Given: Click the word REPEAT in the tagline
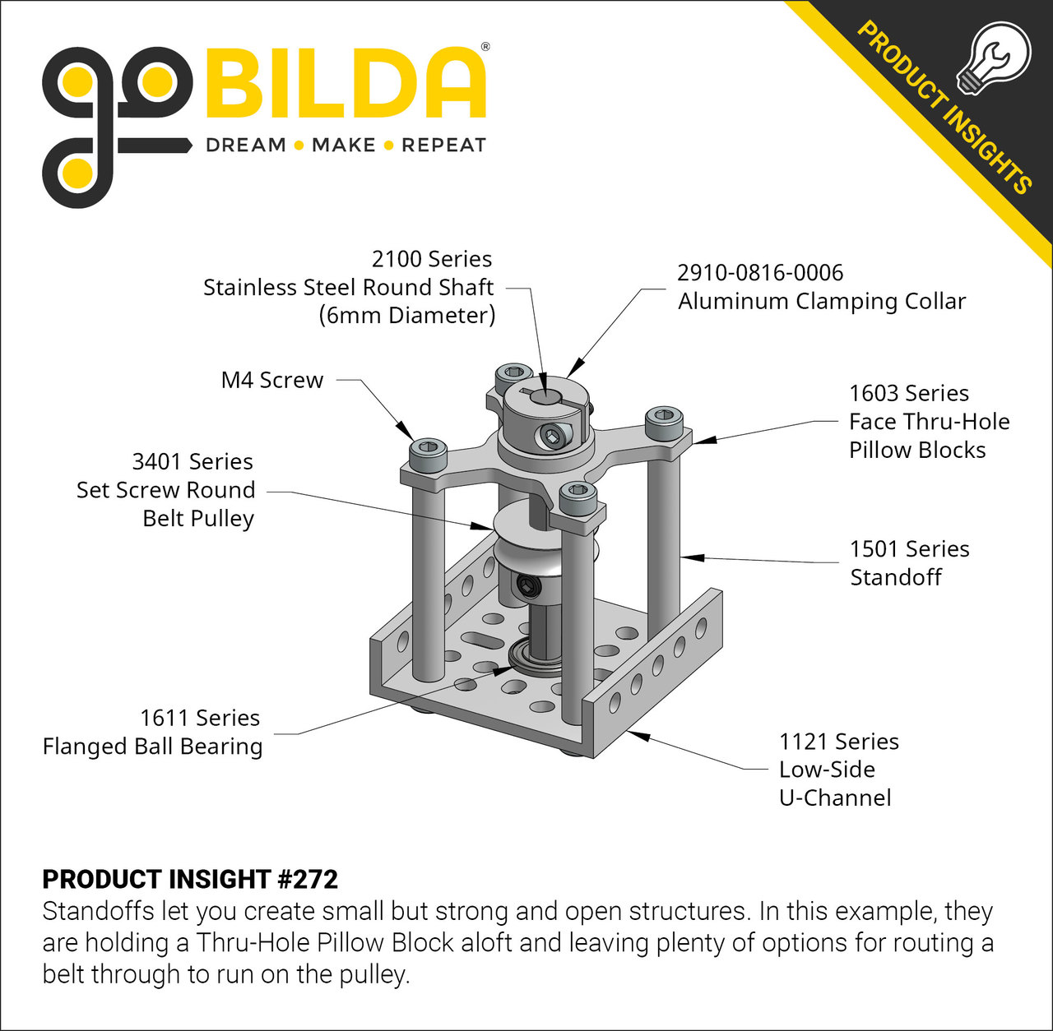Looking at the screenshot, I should (443, 146).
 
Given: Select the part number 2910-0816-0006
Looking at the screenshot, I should (760, 273).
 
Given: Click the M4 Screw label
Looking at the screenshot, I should (272, 380).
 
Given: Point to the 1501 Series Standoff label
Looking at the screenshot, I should (909, 563).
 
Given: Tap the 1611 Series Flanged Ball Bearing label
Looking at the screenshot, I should (153, 733).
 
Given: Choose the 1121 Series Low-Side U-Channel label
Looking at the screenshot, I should (838, 770).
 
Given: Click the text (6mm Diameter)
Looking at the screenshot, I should (407, 315).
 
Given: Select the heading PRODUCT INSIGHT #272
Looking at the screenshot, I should (190, 879).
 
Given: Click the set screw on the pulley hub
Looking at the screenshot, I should (526, 586).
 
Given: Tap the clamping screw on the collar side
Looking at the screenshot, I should (554, 436).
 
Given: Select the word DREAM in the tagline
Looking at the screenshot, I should (245, 146).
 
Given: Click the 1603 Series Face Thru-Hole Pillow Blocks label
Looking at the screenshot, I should (929, 422).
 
